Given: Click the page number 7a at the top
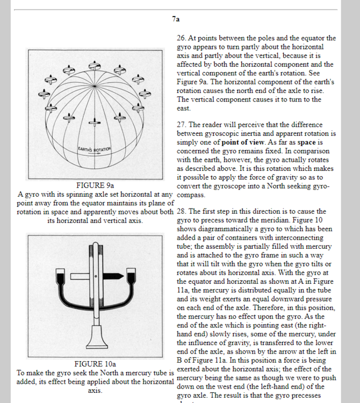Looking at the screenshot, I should [x=176, y=19].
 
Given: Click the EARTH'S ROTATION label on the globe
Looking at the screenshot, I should [x=94, y=148].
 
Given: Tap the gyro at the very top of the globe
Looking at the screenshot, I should [x=95, y=66].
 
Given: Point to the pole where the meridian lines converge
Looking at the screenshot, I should [x=95, y=86].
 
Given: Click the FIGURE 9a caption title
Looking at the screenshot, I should [x=95, y=185].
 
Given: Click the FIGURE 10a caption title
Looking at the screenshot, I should [x=95, y=364].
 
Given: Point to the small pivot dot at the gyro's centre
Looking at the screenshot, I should [x=95, y=276].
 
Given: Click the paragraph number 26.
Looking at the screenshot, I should [x=181, y=38].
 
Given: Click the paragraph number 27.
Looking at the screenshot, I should [x=181, y=125].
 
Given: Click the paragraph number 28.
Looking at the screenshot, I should [x=181, y=212].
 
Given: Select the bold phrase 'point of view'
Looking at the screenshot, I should [x=242, y=142].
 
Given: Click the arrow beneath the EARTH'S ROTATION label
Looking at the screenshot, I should [x=94, y=154].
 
